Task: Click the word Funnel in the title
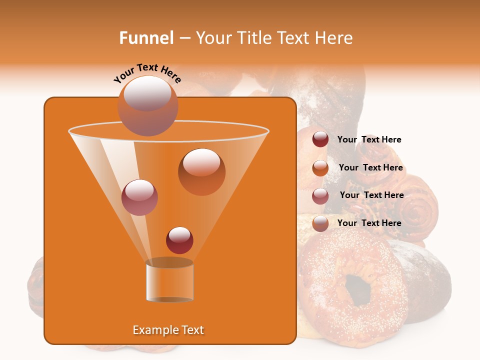click(146, 38)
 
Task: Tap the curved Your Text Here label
click(147, 73)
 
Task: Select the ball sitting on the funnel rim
click(147, 105)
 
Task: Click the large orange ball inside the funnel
click(201, 171)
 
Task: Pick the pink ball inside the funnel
click(139, 197)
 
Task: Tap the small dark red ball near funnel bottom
click(179, 240)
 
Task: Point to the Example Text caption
click(168, 330)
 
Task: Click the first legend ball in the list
click(320, 139)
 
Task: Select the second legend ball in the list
click(320, 167)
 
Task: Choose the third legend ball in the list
click(320, 195)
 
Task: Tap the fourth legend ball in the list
click(320, 223)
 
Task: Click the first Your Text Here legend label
click(369, 139)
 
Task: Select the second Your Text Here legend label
click(370, 167)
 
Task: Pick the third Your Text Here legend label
click(371, 195)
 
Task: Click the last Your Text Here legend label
click(369, 223)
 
